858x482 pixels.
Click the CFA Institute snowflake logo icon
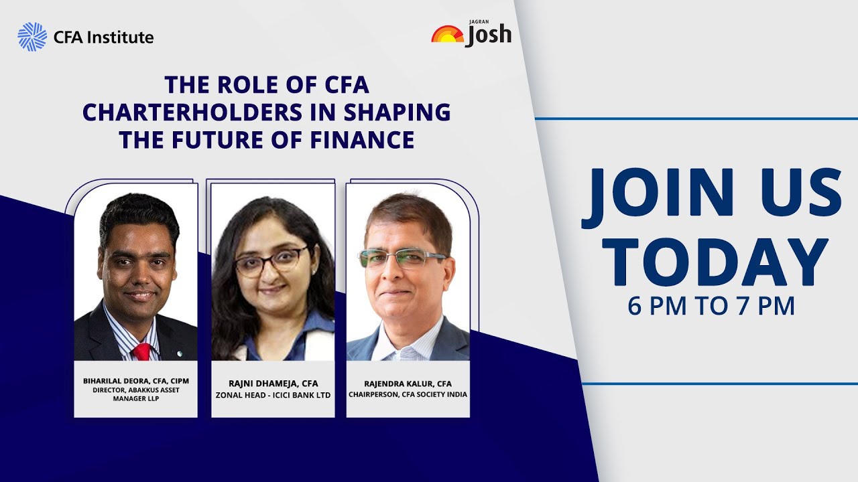click(x=32, y=37)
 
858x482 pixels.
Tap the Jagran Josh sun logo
click(x=447, y=35)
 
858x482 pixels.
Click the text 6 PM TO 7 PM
click(x=711, y=306)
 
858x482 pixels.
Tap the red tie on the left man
click(x=142, y=351)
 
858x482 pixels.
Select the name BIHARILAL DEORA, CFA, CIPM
click(x=135, y=381)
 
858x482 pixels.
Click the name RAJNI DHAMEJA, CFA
click(x=273, y=384)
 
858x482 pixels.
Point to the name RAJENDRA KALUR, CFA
click(x=408, y=384)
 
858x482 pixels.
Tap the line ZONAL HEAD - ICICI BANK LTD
click(x=273, y=395)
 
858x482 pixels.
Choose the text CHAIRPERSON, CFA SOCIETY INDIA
click(x=408, y=394)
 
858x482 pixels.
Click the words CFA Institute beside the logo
click(x=104, y=37)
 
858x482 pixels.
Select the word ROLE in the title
click(x=241, y=86)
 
